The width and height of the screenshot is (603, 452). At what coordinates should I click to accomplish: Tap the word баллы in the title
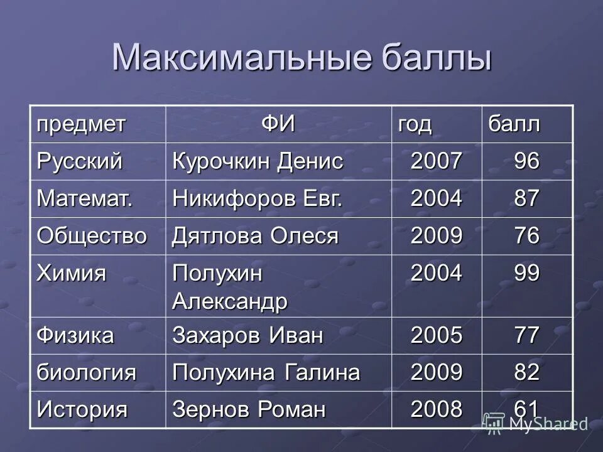click(x=428, y=58)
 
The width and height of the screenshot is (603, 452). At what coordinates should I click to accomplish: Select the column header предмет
click(x=80, y=124)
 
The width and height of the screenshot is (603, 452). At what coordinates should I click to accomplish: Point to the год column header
click(x=414, y=124)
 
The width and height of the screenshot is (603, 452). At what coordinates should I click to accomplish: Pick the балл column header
click(x=511, y=124)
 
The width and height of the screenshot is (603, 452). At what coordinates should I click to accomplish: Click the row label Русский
click(x=79, y=162)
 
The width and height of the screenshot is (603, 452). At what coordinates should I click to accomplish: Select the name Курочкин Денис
click(x=258, y=162)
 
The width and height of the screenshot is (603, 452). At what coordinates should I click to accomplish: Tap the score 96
click(x=526, y=162)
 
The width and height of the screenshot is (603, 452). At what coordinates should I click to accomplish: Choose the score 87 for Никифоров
click(x=526, y=199)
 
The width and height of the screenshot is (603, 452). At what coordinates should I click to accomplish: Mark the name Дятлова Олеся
click(x=255, y=236)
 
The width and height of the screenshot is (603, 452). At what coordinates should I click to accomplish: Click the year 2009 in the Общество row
click(x=437, y=236)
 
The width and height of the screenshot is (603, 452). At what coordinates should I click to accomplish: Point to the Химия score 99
click(x=526, y=274)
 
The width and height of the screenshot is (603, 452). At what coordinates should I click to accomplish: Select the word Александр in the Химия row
click(x=230, y=302)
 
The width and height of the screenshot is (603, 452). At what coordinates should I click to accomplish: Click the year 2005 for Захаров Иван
click(x=437, y=335)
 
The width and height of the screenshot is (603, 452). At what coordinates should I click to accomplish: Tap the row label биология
click(x=86, y=373)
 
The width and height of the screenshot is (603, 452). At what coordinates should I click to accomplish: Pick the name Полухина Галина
click(x=266, y=373)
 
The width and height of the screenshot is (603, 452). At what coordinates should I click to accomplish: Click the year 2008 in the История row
click(x=437, y=410)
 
